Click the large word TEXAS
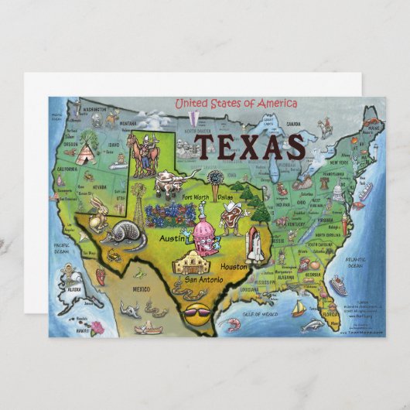tap(248, 146)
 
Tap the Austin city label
tap(172, 239)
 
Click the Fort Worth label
tap(195, 196)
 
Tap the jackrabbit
tap(97, 213)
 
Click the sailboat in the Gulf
tap(299, 309)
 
